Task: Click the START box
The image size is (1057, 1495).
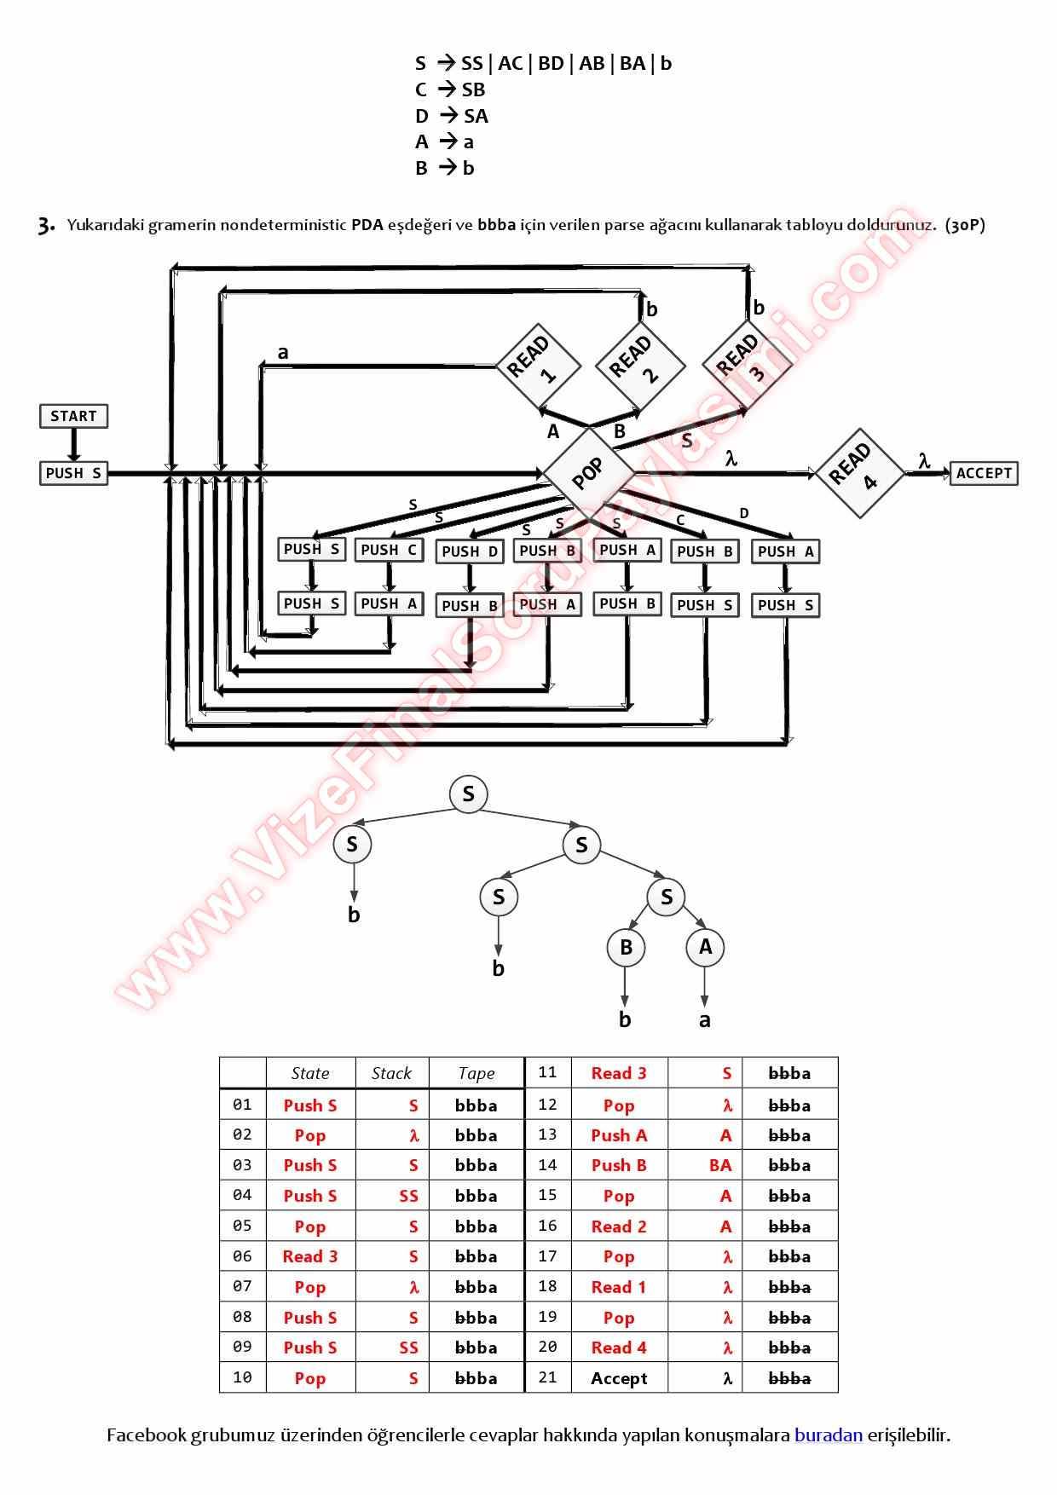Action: pos(73,416)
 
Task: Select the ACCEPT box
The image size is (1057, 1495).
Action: pos(984,473)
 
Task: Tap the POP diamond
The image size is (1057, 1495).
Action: pos(588,473)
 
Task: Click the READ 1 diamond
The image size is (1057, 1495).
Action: pos(538,367)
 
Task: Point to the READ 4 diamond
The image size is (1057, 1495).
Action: pos(859,472)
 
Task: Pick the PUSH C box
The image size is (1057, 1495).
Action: pos(389,551)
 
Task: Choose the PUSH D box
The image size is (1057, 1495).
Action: pos(470,551)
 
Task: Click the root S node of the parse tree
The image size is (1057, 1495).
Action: pos(468,794)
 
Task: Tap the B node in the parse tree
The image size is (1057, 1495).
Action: pos(626,947)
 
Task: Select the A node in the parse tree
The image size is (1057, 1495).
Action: pos(705,947)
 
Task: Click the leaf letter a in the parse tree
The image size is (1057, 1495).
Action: pos(705,1020)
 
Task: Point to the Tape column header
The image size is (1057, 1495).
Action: pos(476,1073)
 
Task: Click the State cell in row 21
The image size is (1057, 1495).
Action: pos(619,1378)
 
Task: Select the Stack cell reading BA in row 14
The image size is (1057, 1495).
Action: pos(720,1165)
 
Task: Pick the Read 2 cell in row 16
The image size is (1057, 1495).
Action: pos(619,1227)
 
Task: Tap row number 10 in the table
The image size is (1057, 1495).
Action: pos(242,1377)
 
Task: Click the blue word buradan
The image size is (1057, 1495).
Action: pos(828,1435)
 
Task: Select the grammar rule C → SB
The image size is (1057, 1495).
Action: pos(450,89)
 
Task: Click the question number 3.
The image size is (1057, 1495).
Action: pos(46,226)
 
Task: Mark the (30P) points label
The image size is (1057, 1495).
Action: pos(965,225)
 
